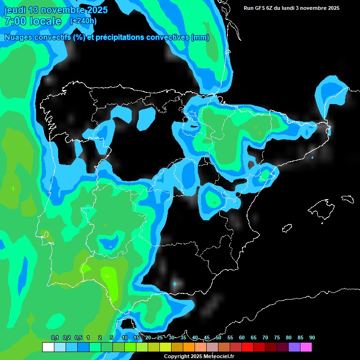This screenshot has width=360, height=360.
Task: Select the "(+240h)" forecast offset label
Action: click(x=83, y=21)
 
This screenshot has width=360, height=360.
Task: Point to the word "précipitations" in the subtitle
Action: click(x=119, y=37)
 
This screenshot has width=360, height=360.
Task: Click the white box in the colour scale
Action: click(x=48, y=347)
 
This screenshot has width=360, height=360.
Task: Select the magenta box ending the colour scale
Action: click(x=306, y=347)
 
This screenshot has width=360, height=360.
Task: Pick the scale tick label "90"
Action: click(x=312, y=338)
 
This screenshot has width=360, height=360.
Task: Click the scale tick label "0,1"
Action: click(x=55, y=338)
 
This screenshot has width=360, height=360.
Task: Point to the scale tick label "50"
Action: click(x=218, y=338)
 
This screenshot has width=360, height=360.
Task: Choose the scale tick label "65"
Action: click(x=254, y=338)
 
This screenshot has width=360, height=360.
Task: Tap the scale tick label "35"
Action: click(x=183, y=338)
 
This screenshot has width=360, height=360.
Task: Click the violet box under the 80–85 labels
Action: click(x=294, y=347)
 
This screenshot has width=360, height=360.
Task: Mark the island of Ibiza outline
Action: click(x=287, y=228)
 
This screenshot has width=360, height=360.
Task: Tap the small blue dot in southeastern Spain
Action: click(x=175, y=284)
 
